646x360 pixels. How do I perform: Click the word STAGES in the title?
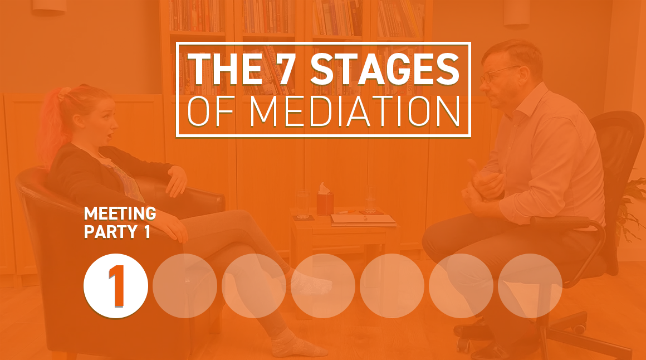pyautogui.click(x=384, y=69)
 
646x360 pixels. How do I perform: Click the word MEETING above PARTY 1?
pyautogui.click(x=120, y=213)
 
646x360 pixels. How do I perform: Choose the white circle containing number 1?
pyautogui.click(x=116, y=286)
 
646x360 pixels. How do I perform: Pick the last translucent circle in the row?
pyautogui.click(x=530, y=286)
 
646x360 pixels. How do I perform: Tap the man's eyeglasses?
pyautogui.click(x=498, y=74)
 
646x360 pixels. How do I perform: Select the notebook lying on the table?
pyautogui.click(x=363, y=220)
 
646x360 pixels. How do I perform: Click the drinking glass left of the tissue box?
pyautogui.click(x=302, y=204)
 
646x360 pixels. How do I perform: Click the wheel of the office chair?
pyautogui.click(x=463, y=346)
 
